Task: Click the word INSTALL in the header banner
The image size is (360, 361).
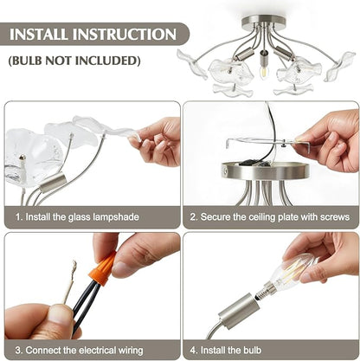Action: pyautogui.click(x=39, y=35)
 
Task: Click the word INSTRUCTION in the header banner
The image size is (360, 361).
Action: pyautogui.click(x=125, y=35)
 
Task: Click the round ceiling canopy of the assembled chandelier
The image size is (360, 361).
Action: pyautogui.click(x=263, y=22)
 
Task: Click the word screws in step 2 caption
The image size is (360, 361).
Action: pyautogui.click(x=335, y=217)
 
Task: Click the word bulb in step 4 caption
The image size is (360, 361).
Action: pyautogui.click(x=253, y=350)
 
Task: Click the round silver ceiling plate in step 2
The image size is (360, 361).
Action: pyautogui.click(x=266, y=171)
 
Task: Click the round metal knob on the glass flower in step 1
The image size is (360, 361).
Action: pyautogui.click(x=22, y=158)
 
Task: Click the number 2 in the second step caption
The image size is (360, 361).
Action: pyautogui.click(x=193, y=217)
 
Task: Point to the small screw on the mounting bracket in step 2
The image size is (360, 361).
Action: pyautogui.click(x=284, y=142)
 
